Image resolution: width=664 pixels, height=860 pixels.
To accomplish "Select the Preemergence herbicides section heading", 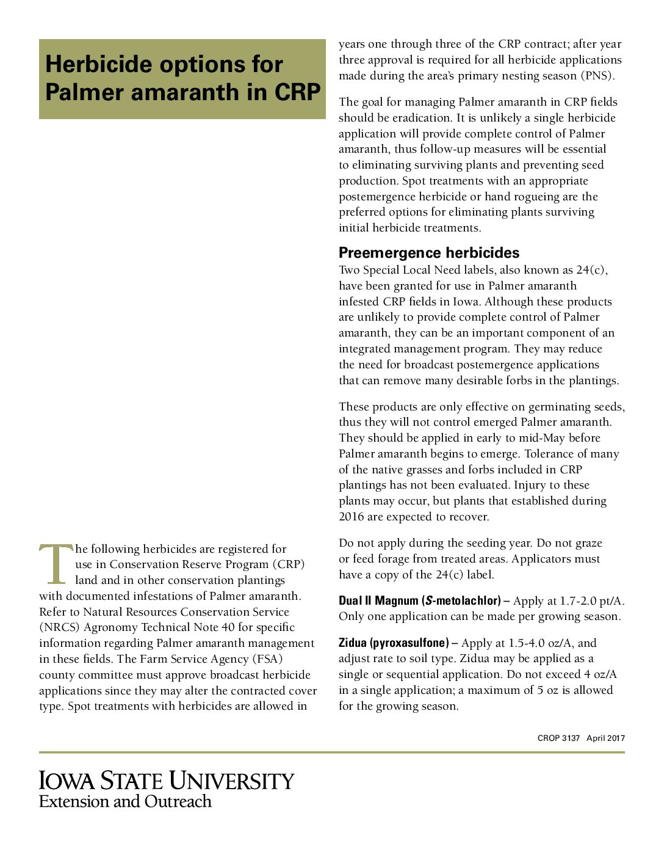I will [429, 253].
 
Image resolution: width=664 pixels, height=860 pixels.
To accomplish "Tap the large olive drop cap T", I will [56, 564].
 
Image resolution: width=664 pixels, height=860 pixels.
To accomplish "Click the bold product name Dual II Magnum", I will [378, 601].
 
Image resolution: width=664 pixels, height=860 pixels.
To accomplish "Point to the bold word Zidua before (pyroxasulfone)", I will [353, 643].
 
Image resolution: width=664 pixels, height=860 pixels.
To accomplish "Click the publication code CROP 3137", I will [558, 738].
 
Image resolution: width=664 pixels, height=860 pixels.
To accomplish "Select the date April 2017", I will [605, 738].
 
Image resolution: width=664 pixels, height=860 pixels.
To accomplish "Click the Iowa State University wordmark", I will [166, 781].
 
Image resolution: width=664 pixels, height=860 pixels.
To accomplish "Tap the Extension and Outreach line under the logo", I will [125, 802].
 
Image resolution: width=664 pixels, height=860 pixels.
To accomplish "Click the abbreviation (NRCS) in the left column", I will [59, 628].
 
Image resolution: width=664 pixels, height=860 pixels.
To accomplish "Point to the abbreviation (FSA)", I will [267, 659].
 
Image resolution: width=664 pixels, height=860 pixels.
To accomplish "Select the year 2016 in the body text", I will [352, 517].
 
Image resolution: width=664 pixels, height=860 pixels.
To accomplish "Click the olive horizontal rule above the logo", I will [331, 752].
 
